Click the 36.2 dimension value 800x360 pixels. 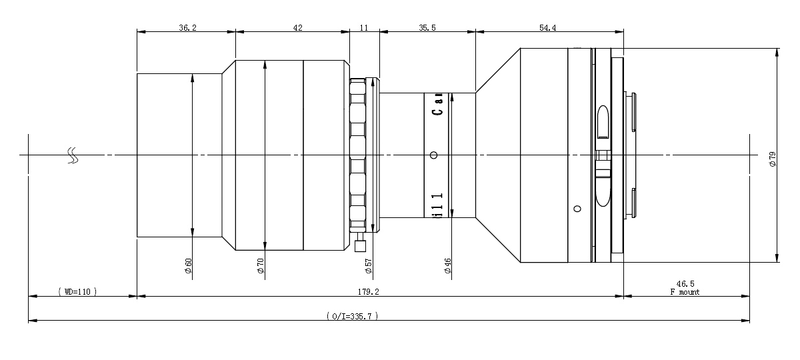pyautogui.click(x=187, y=28)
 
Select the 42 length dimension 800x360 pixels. pyautogui.click(x=297, y=28)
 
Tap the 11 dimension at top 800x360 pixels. pyautogui.click(x=363, y=28)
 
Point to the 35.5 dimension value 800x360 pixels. pyautogui.click(x=427, y=28)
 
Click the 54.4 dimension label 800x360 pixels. pyautogui.click(x=547, y=28)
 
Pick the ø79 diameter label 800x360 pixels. pyautogui.click(x=773, y=159)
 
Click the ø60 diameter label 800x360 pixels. pyautogui.click(x=189, y=266)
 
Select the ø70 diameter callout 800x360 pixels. pyautogui.click(x=261, y=266)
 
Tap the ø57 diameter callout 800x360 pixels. pyautogui.click(x=369, y=266)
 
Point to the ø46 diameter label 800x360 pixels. pyautogui.click(x=448, y=266)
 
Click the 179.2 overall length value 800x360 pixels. pyautogui.click(x=368, y=292)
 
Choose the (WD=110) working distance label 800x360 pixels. pyautogui.click(x=77, y=292)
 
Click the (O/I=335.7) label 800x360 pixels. pyautogui.click(x=352, y=316)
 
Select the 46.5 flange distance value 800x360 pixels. pyautogui.click(x=685, y=284)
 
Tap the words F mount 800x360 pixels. pyautogui.click(x=685, y=292)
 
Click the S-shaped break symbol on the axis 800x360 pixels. pyautogui.click(x=73, y=155)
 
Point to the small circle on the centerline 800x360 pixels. pyautogui.click(x=434, y=155)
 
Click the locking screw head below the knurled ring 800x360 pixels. pyautogui.click(x=360, y=246)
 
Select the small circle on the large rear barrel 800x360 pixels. pyautogui.click(x=577, y=209)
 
